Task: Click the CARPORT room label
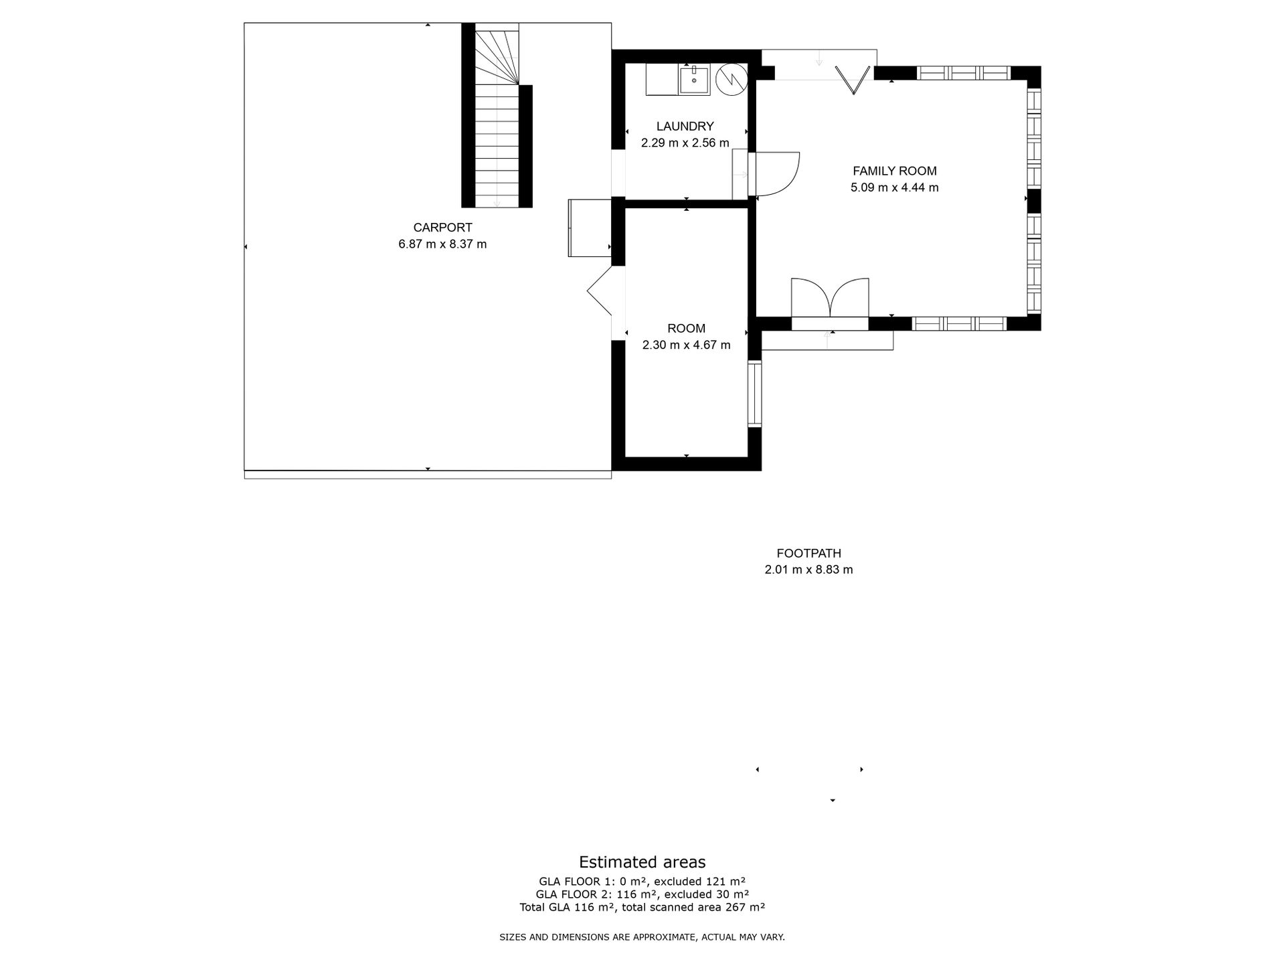(x=442, y=228)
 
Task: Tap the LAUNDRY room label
(x=685, y=127)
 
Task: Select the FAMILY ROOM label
(x=894, y=171)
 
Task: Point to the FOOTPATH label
(x=808, y=554)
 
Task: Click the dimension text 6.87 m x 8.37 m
(x=442, y=244)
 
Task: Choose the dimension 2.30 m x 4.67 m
(x=686, y=345)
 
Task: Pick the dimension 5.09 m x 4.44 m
(x=894, y=188)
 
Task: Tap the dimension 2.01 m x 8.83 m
(x=808, y=570)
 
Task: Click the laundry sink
(x=695, y=80)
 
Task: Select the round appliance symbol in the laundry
(x=732, y=79)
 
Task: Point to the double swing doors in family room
(x=830, y=297)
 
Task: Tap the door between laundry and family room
(x=774, y=174)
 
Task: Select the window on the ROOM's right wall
(x=755, y=394)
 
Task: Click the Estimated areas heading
(x=642, y=862)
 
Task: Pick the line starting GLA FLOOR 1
(x=642, y=882)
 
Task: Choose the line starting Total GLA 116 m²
(x=642, y=908)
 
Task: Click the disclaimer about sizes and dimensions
(x=642, y=938)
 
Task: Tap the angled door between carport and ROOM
(x=600, y=291)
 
